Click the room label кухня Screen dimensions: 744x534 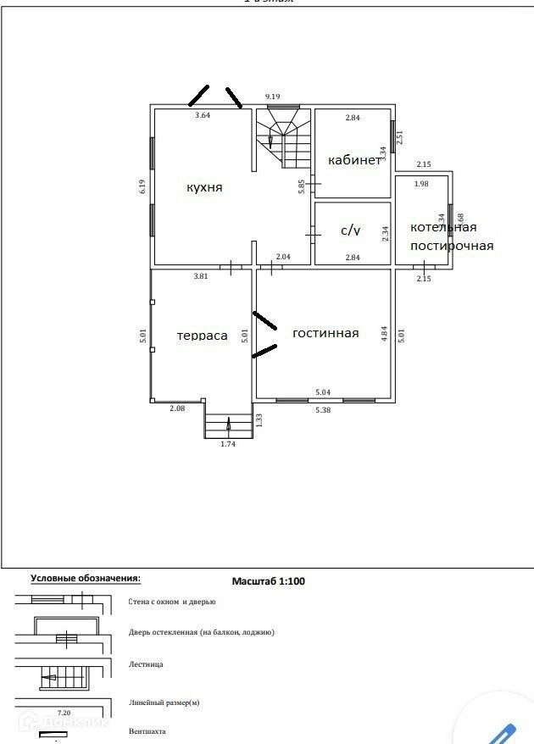pyautogui.click(x=204, y=187)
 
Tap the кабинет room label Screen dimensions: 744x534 pyautogui.click(x=354, y=161)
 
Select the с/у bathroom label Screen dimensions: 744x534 pyautogui.click(x=351, y=230)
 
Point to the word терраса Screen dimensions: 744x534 pyautogui.click(x=202, y=336)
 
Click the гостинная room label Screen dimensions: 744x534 pyautogui.click(x=325, y=333)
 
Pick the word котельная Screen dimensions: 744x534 pyautogui.click(x=443, y=227)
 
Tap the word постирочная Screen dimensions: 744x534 pyautogui.click(x=451, y=246)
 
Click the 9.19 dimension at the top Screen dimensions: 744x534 pyautogui.click(x=273, y=97)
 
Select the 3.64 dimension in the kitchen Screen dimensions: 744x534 pyautogui.click(x=203, y=114)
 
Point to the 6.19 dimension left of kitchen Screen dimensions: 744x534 pyautogui.click(x=143, y=187)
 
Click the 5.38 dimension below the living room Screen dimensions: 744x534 pyautogui.click(x=324, y=409)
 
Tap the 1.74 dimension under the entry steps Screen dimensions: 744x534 pyautogui.click(x=228, y=443)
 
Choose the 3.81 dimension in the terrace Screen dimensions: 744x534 pyautogui.click(x=200, y=276)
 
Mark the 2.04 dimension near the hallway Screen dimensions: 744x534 pyautogui.click(x=284, y=257)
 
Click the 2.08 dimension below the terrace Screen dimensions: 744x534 pyautogui.click(x=177, y=408)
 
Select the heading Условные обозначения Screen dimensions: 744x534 pyautogui.click(x=86, y=578)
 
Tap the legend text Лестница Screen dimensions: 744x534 pyautogui.click(x=146, y=664)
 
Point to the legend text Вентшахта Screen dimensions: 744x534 pyautogui.click(x=147, y=730)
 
